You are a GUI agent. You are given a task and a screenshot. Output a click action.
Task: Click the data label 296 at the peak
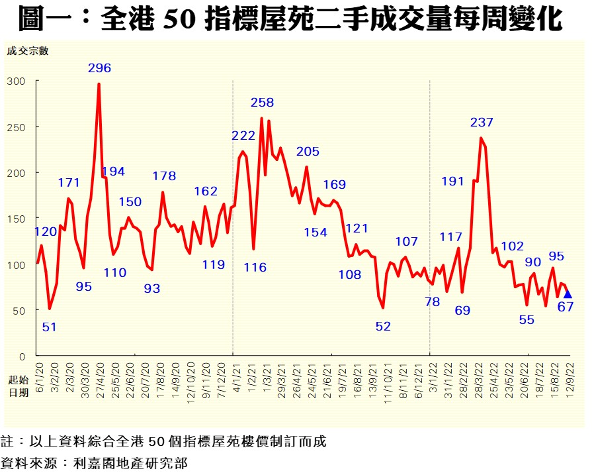tap(99, 68)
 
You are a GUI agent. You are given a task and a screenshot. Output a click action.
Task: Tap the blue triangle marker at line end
tap(568, 294)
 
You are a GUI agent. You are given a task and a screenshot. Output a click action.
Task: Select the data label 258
tap(262, 103)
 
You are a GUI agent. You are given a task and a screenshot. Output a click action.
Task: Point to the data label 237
tap(482, 123)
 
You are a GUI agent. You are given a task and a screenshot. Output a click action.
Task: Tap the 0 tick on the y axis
tap(22, 356)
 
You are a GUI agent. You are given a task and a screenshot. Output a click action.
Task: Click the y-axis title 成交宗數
tap(28, 51)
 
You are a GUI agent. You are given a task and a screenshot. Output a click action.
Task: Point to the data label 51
tap(50, 327)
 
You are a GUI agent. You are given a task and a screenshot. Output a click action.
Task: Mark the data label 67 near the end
tap(565, 307)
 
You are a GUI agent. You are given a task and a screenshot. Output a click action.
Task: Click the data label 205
tap(308, 152)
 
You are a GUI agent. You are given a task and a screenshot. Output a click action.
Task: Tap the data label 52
tap(383, 326)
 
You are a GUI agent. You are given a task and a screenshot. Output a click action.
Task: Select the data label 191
tap(452, 182)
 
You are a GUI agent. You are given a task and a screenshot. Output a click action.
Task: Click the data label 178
tap(164, 176)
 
